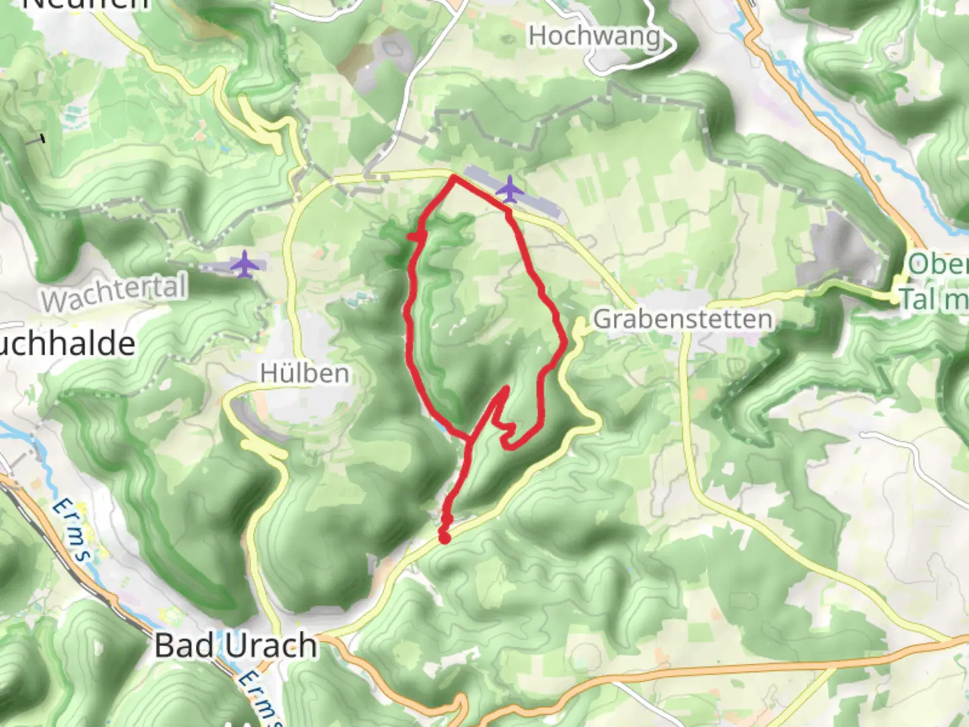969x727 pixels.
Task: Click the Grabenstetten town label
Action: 682,319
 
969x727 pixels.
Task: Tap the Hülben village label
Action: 305,373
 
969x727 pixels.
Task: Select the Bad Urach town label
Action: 236,645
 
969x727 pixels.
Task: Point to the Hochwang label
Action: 594,36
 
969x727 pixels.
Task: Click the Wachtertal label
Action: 114,294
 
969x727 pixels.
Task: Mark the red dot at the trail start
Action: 444,536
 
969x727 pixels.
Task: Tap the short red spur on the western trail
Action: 415,235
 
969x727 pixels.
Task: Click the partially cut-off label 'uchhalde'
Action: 67,345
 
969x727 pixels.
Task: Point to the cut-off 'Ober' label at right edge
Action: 938,264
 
